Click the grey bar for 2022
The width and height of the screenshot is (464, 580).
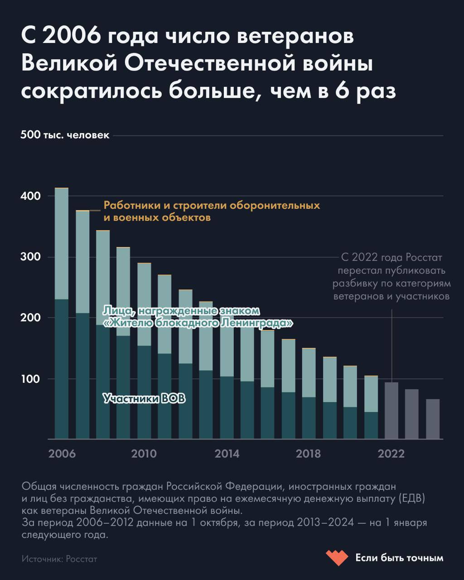(x=391, y=411)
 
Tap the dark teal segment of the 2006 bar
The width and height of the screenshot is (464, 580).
(x=62, y=369)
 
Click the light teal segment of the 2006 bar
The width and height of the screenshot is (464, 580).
(x=62, y=244)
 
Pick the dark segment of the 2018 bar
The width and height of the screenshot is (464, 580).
(x=309, y=418)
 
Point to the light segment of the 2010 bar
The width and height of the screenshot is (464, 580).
(x=144, y=304)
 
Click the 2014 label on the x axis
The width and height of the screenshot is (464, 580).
(x=227, y=454)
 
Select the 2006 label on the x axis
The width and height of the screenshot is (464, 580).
(x=62, y=454)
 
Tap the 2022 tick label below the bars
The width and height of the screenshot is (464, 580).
(x=391, y=454)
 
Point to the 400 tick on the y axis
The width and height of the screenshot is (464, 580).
(x=30, y=196)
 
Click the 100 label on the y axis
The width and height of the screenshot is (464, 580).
(x=30, y=379)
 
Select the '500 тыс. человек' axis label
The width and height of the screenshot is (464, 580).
(x=65, y=135)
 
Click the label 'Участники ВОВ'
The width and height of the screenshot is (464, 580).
(x=144, y=398)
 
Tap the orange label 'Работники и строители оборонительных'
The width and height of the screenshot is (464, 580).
(x=212, y=205)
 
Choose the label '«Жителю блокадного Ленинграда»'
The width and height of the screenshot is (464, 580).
(x=198, y=323)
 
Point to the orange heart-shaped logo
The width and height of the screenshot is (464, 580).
(x=337, y=557)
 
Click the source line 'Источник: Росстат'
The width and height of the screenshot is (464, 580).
(x=59, y=559)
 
